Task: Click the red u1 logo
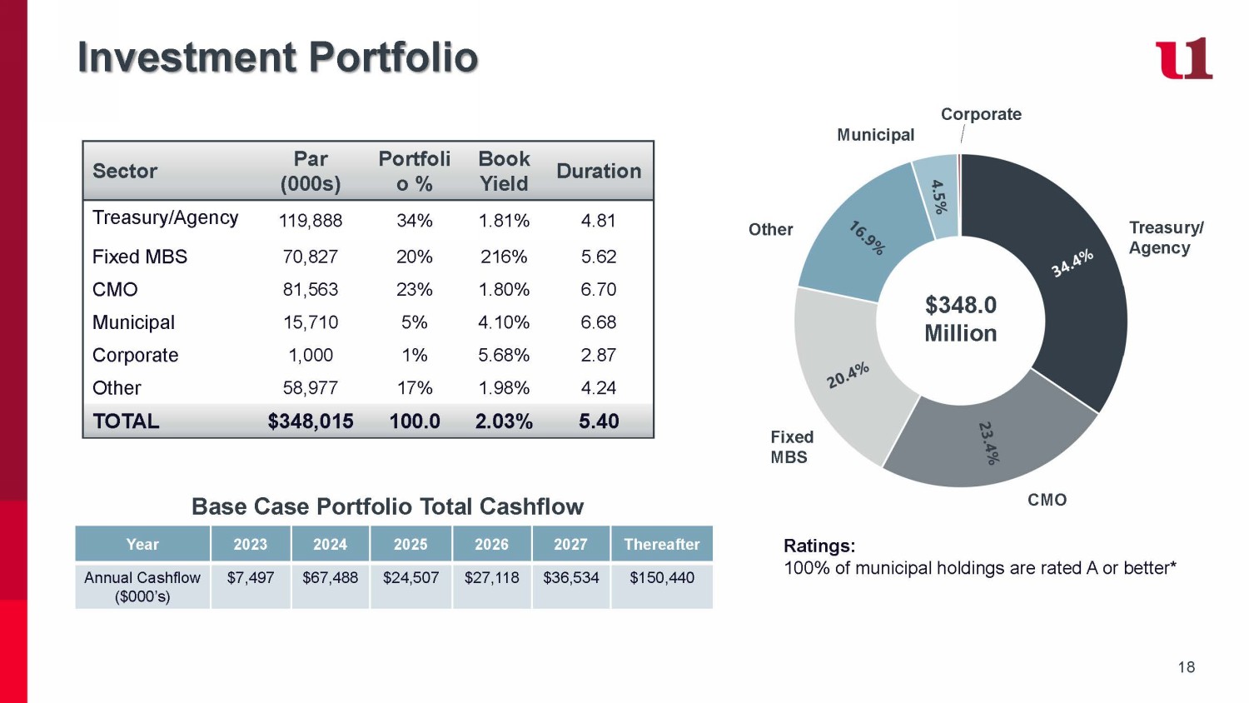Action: pyautogui.click(x=1183, y=58)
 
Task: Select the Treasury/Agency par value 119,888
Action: pyautogui.click(x=311, y=221)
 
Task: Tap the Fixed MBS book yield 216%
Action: pyautogui.click(x=504, y=257)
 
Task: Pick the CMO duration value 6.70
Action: pyautogui.click(x=599, y=289)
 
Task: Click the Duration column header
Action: pyautogui.click(x=599, y=171)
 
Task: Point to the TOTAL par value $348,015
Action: pyautogui.click(x=311, y=421)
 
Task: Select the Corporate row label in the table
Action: pyautogui.click(x=135, y=355)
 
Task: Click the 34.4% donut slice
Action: pyautogui.click(x=1074, y=275)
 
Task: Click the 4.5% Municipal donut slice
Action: pyautogui.click(x=939, y=197)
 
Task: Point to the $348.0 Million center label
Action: pyautogui.click(x=960, y=319)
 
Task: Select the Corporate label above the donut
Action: pyautogui.click(x=981, y=114)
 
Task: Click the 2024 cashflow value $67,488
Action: pyautogui.click(x=330, y=577)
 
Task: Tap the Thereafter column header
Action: pyautogui.click(x=662, y=544)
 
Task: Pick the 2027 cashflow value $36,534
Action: pyautogui.click(x=570, y=577)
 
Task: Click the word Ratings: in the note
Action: pyautogui.click(x=819, y=546)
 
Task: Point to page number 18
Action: pyautogui.click(x=1187, y=667)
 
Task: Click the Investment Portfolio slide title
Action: pyautogui.click(x=277, y=57)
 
